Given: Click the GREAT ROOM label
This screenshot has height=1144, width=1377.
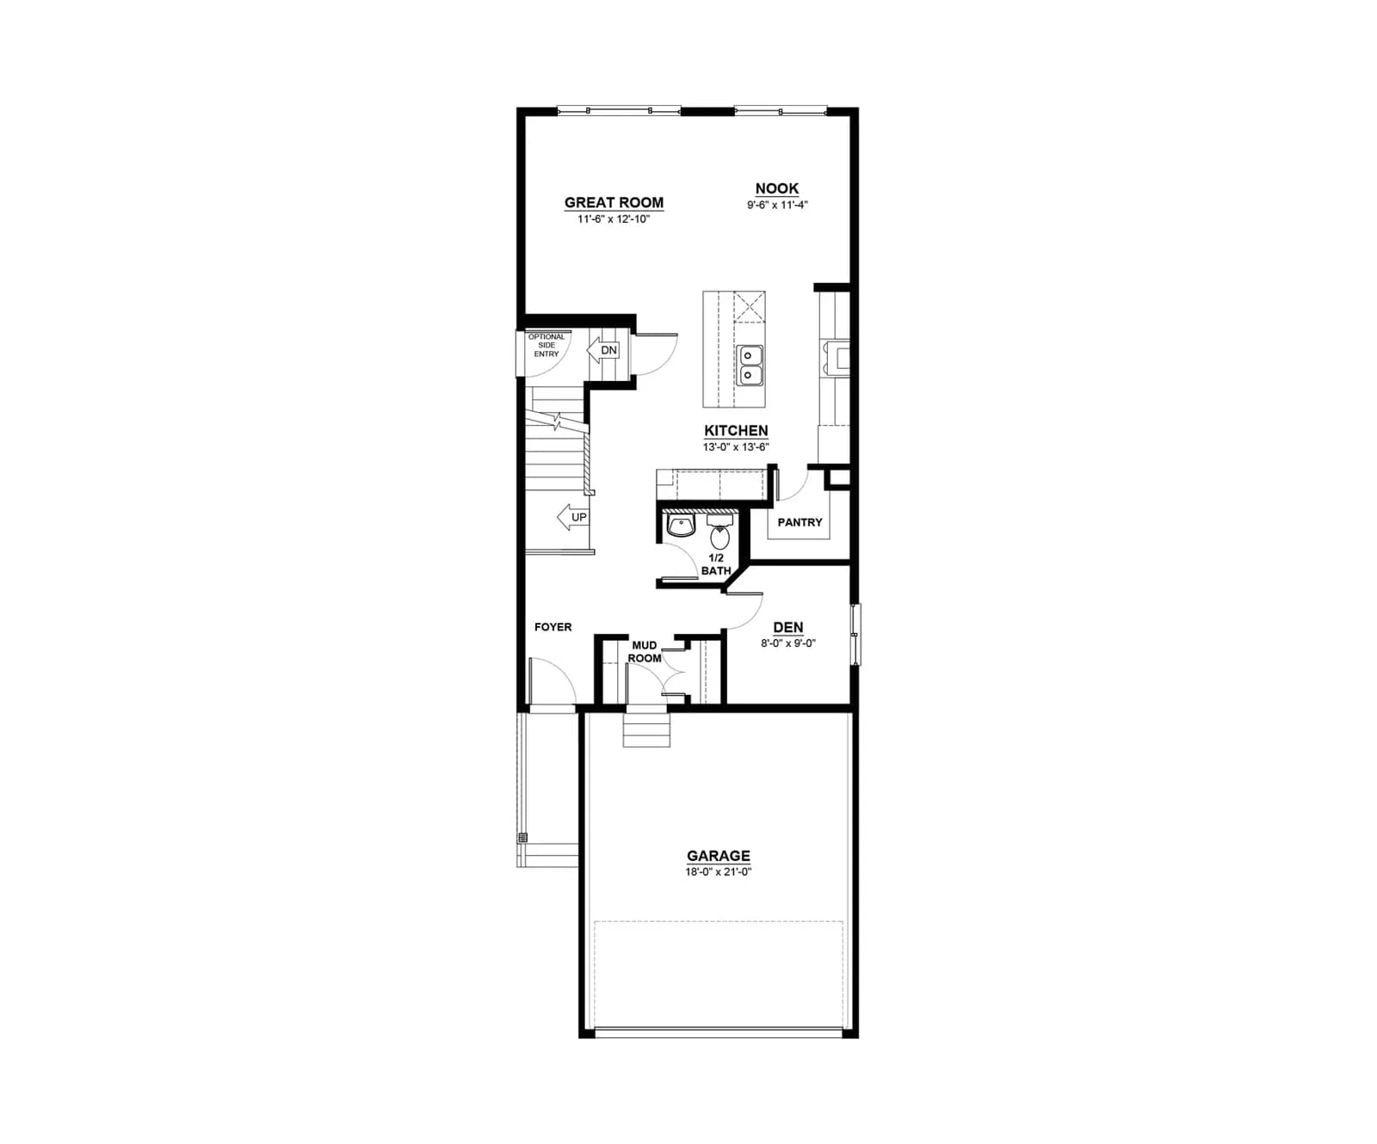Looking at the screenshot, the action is point(614,203).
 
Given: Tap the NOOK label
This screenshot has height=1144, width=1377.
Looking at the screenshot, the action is point(776,188).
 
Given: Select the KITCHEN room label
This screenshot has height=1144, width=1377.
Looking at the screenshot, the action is point(736,431).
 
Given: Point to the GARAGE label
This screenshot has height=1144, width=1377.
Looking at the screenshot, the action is point(718,856).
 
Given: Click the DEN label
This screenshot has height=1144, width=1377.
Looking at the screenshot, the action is point(787,628).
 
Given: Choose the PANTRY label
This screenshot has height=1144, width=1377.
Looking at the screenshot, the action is point(800,522).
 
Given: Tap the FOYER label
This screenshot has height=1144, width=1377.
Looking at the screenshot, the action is point(553,627).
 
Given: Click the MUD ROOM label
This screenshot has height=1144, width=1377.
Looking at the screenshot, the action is point(645,652).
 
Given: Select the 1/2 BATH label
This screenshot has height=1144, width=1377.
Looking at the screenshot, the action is point(716,564).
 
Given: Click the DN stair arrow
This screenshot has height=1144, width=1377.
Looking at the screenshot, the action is point(603,350).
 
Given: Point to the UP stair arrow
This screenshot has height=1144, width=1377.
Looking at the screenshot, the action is point(572,517).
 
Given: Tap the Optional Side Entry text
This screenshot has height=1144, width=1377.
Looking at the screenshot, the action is point(546,345).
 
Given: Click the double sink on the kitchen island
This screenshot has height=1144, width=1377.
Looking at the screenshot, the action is point(750,365).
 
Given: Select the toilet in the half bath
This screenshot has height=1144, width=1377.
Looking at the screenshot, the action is point(719,533).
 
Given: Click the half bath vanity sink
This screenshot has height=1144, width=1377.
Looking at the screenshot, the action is point(681,526).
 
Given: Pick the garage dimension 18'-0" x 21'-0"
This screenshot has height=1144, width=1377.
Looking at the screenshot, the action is point(718,872).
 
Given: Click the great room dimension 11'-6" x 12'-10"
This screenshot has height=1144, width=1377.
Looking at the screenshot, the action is point(614,219).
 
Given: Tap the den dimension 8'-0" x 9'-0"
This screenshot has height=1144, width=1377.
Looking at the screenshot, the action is point(787,643).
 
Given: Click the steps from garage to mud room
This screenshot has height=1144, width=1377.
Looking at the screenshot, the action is point(646,729).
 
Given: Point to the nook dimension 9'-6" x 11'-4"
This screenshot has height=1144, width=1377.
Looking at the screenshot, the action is point(777,205).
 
